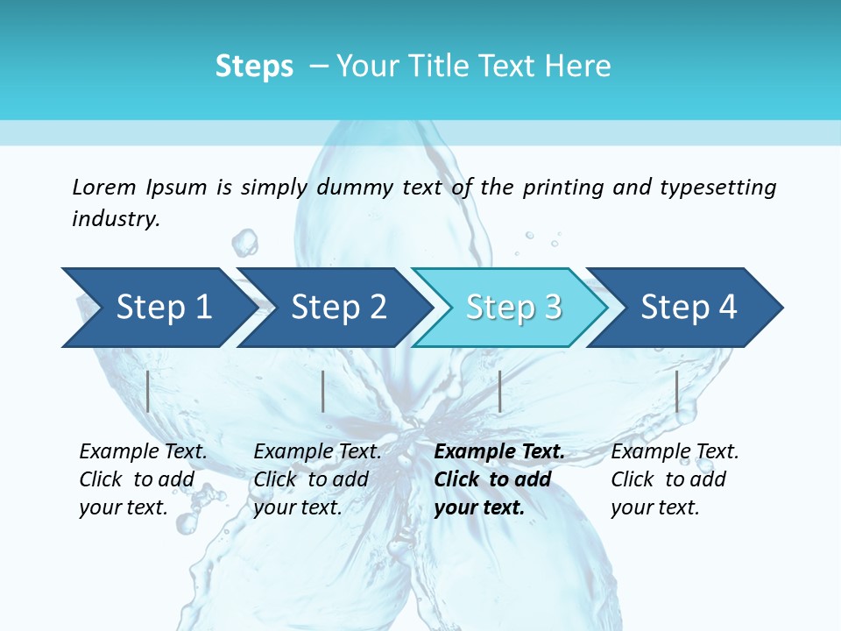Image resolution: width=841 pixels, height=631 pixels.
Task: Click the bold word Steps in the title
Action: (x=254, y=66)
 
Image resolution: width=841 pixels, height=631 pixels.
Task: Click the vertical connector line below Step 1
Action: (x=148, y=391)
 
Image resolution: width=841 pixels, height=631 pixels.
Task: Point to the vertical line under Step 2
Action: (x=323, y=391)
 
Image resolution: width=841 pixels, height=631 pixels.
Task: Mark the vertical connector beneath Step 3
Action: (x=499, y=391)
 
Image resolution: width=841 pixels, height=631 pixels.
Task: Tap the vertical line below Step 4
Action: (x=676, y=391)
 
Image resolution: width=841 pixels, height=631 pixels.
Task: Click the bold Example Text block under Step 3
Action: (x=498, y=479)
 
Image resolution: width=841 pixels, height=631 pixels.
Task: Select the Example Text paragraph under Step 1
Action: (x=142, y=479)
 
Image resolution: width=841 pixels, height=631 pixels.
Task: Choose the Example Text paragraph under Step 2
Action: (x=316, y=479)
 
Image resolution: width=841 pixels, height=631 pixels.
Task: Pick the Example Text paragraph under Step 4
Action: (x=674, y=479)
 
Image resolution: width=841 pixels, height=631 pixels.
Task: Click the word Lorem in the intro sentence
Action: (x=104, y=187)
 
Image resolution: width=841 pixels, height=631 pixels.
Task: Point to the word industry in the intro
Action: (x=115, y=218)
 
